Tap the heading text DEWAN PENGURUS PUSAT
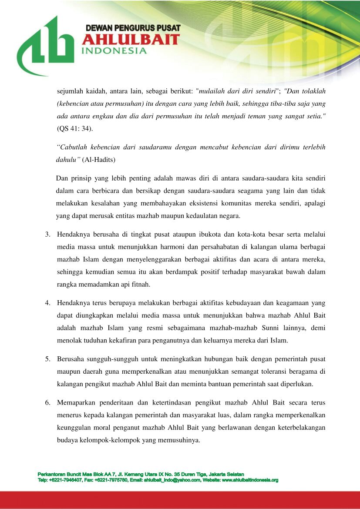click(x=133, y=28)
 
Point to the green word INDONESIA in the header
click(x=114, y=51)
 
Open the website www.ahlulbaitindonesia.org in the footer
click(x=249, y=480)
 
